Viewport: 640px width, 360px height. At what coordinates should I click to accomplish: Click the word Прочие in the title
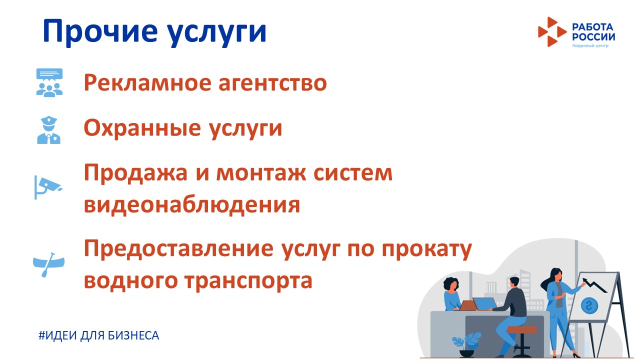pos(100,32)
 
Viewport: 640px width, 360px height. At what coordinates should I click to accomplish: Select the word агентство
pos(272,83)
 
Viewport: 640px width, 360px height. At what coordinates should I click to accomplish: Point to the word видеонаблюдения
pos(192,205)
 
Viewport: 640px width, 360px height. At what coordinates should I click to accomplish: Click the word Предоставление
pos(178,248)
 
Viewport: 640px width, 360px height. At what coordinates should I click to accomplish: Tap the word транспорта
pos(248,281)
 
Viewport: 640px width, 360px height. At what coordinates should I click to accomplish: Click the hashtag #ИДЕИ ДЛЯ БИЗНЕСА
pos(99,335)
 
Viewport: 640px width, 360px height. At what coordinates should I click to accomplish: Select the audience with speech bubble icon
pos(49,82)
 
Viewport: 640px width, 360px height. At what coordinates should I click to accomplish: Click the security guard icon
pos(49,129)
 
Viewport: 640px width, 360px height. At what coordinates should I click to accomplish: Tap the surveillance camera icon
pos(48,187)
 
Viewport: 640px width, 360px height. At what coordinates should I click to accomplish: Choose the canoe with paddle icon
pos(48,264)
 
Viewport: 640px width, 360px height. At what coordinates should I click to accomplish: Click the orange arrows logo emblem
pos(551,31)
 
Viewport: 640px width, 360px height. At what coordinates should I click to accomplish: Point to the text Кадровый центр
pos(590,45)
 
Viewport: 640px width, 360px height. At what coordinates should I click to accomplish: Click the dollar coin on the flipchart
pos(589,306)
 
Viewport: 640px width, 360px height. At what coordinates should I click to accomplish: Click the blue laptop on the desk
pos(485,303)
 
